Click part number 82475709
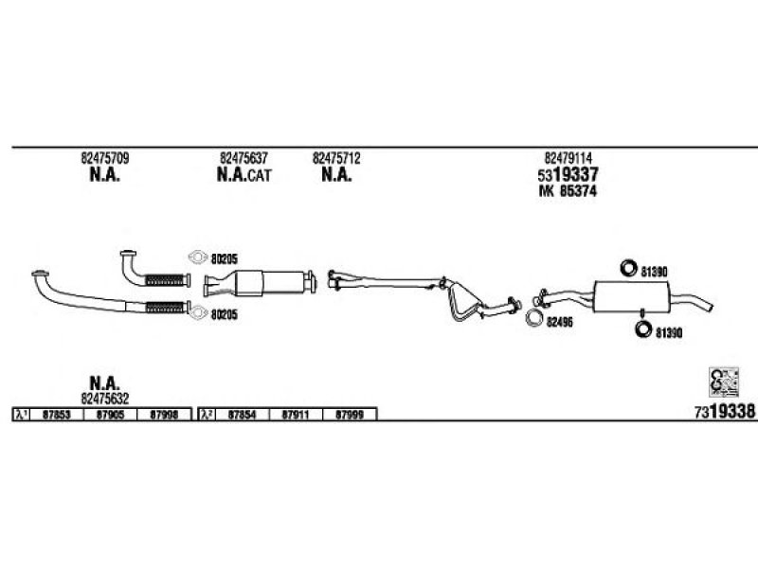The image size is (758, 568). [x=105, y=158]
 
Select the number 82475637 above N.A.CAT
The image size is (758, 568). [x=244, y=158]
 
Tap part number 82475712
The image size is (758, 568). [x=336, y=158]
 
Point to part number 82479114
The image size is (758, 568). [x=568, y=158]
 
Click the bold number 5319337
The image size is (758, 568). [x=568, y=174]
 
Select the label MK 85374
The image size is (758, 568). [x=568, y=191]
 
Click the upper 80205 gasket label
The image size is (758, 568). [x=225, y=259]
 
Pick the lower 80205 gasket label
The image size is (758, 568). [x=225, y=315]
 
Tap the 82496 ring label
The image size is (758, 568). [x=560, y=322]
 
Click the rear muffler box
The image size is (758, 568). [x=631, y=296]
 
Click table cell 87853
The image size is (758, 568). [x=57, y=415]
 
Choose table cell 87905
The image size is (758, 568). [x=110, y=415]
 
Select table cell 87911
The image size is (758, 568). [x=296, y=415]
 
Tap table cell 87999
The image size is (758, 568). [x=349, y=415]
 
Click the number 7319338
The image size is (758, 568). [x=725, y=412]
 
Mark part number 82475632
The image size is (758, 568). [x=105, y=399]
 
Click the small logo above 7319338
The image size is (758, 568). [x=724, y=382]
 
